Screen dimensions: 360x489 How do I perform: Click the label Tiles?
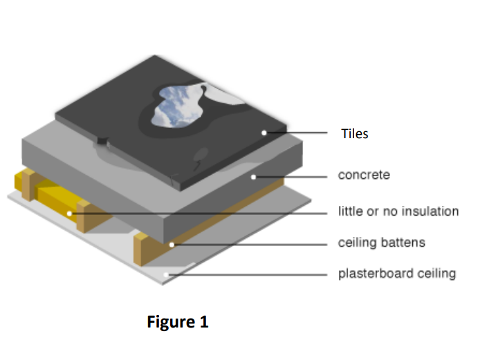point(355,134)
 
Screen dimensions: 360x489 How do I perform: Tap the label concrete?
point(364,176)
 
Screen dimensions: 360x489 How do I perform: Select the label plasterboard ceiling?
point(397,274)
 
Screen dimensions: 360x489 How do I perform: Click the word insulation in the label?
point(430,211)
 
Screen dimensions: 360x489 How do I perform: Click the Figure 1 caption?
point(178,322)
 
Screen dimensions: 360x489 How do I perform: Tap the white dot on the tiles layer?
point(264,132)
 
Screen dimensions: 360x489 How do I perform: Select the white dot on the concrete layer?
point(255,177)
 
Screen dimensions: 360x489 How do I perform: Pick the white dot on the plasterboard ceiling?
point(165,275)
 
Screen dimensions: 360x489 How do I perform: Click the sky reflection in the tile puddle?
point(176,105)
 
